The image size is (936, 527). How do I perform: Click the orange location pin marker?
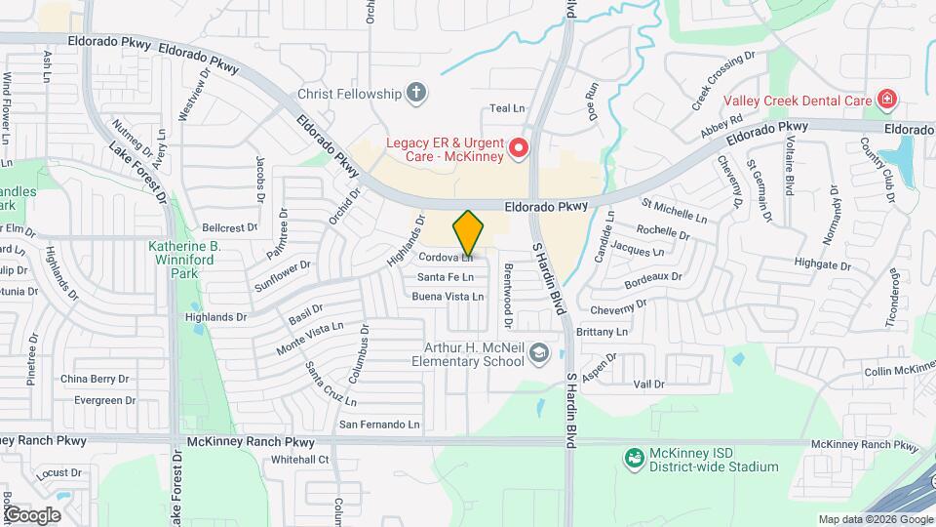tap(468, 233)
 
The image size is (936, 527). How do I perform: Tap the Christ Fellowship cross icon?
tap(416, 94)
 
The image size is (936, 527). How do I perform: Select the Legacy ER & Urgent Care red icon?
tap(519, 149)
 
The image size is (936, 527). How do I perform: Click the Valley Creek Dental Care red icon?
tap(886, 99)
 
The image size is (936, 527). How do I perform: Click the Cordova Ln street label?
tap(446, 259)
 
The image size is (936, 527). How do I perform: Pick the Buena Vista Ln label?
tap(448, 297)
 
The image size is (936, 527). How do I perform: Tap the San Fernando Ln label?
tap(378, 425)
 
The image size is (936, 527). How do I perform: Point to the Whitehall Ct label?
tap(301, 460)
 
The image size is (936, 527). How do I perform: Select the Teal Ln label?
tap(507, 108)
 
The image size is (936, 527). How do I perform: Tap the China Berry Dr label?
tap(95, 379)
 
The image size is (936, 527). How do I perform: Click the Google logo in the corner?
tap(32, 515)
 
